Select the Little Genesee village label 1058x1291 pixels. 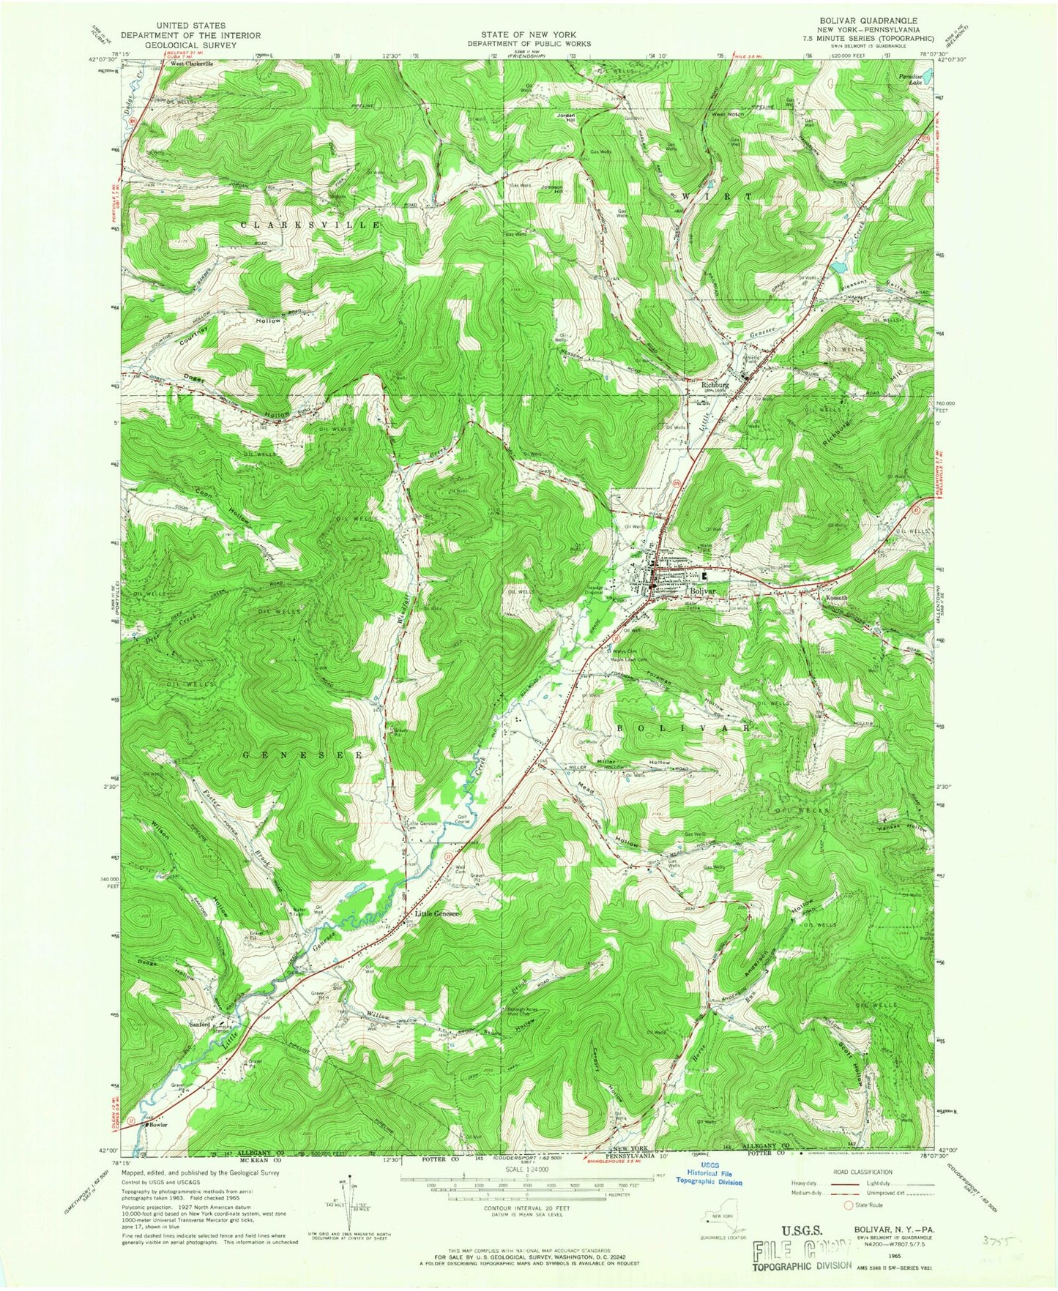[437, 913]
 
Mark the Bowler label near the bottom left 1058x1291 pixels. [159, 1125]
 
